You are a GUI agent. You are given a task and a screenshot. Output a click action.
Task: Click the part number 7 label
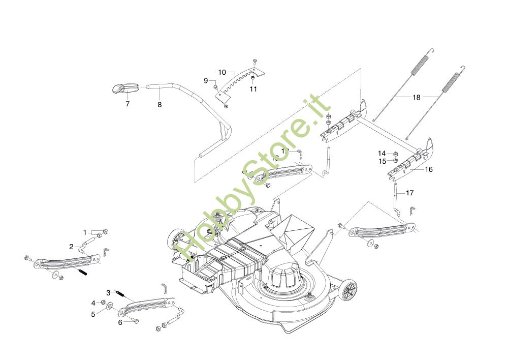click(x=128, y=104)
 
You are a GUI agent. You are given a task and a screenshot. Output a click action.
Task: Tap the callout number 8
click(x=160, y=104)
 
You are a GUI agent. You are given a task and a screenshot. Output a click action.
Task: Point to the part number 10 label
click(x=222, y=72)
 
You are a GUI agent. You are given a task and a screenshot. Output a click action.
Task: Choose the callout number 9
click(x=206, y=80)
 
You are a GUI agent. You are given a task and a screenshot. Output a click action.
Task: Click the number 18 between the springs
click(x=417, y=97)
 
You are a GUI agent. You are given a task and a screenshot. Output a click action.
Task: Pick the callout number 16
click(x=429, y=169)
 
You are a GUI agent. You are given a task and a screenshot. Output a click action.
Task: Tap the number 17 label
click(x=410, y=193)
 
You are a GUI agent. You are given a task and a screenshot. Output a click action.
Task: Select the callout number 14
click(x=382, y=153)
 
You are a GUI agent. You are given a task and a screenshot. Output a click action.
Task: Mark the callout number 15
click(x=382, y=161)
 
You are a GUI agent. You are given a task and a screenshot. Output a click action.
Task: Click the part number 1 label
click(x=85, y=232)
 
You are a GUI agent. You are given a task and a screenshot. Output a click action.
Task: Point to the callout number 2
click(x=72, y=247)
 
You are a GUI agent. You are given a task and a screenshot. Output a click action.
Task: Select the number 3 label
click(x=108, y=292)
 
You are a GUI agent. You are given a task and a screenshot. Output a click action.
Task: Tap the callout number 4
click(x=93, y=303)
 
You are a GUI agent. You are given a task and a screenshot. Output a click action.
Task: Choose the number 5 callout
click(x=93, y=314)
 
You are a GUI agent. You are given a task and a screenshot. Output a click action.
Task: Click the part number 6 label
click(x=120, y=322)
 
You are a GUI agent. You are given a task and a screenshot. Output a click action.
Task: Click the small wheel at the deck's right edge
click(x=348, y=292)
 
